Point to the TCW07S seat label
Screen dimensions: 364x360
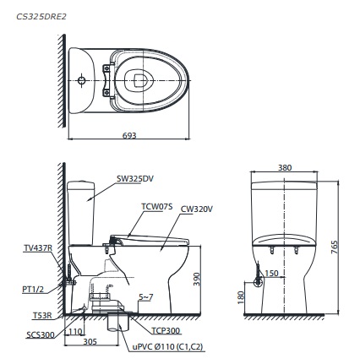156,205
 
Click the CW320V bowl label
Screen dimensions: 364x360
196,208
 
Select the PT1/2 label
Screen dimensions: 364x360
33,288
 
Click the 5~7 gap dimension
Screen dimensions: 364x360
145,296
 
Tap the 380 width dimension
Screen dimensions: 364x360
285,168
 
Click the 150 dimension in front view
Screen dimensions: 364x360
270,273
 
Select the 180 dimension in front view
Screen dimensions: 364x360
241,297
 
